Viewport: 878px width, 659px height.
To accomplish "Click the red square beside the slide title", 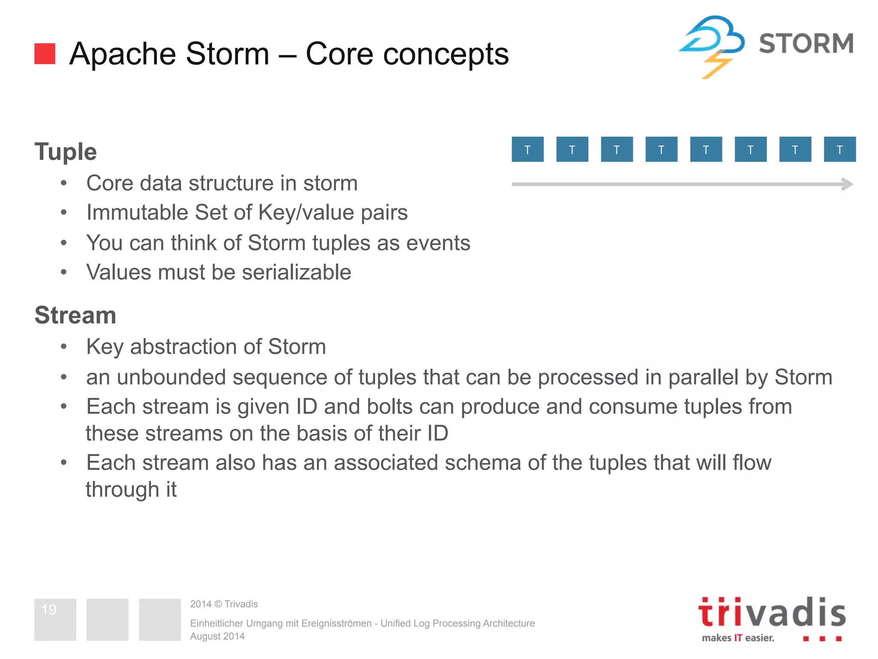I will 45,54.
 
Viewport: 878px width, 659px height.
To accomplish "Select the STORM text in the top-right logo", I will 806,44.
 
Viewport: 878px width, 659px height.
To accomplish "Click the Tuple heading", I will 66,151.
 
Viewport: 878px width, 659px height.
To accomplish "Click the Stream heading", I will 75,315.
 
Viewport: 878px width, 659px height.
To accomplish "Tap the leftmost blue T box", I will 527,149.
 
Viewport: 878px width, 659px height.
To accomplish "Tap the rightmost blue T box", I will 839,149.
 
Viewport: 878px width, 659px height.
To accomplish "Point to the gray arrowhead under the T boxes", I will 848,184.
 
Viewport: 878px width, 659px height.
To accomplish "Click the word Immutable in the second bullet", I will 137,212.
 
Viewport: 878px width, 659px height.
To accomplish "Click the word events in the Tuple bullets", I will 438,243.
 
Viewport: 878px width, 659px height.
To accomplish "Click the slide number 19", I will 49,610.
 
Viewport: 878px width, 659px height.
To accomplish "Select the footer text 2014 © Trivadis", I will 224,604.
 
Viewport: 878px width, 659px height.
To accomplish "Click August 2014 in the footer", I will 217,636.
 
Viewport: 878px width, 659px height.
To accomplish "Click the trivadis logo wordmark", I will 772,613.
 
